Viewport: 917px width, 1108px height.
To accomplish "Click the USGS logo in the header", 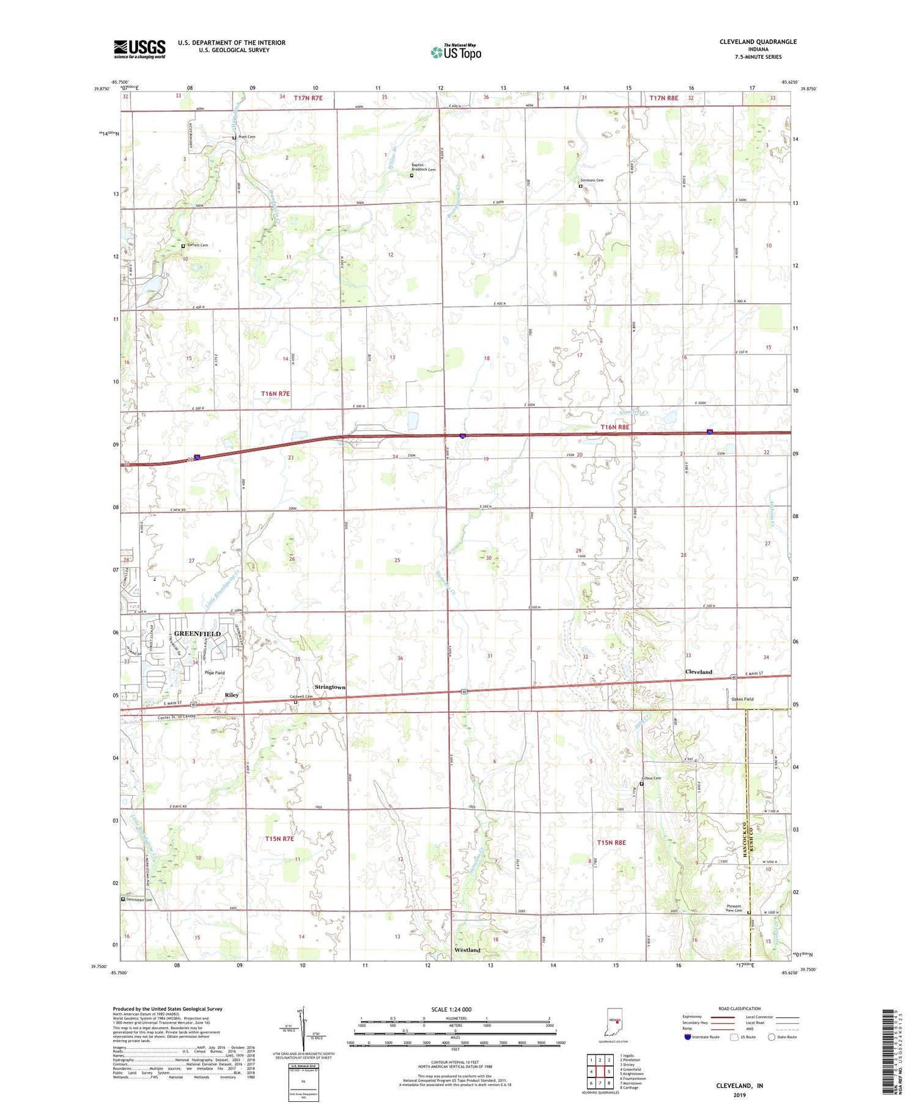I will (x=139, y=49).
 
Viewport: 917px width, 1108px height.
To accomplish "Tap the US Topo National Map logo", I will (x=455, y=52).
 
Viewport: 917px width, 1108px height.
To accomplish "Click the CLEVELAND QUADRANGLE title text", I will (x=757, y=42).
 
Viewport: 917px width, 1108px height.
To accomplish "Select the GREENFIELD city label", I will (x=197, y=634).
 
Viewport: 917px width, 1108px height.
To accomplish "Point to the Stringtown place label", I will (x=330, y=687).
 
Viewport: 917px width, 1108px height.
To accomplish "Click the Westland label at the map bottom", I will (x=467, y=950).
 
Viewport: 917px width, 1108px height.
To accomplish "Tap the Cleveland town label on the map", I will (x=698, y=672).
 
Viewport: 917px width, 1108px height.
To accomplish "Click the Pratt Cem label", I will (x=246, y=137).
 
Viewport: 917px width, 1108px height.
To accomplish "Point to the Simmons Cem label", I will (x=591, y=180).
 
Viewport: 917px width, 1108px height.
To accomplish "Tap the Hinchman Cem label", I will (x=139, y=900).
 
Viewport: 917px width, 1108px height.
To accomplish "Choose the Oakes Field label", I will (x=742, y=699).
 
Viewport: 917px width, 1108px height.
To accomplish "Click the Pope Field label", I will (x=215, y=673).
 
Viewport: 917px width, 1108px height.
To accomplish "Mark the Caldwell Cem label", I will (x=301, y=697).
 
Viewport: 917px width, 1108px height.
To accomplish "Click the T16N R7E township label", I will (x=275, y=394).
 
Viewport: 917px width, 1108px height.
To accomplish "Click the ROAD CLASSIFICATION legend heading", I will (x=740, y=1008).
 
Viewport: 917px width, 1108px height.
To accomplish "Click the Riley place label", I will (x=232, y=695).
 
